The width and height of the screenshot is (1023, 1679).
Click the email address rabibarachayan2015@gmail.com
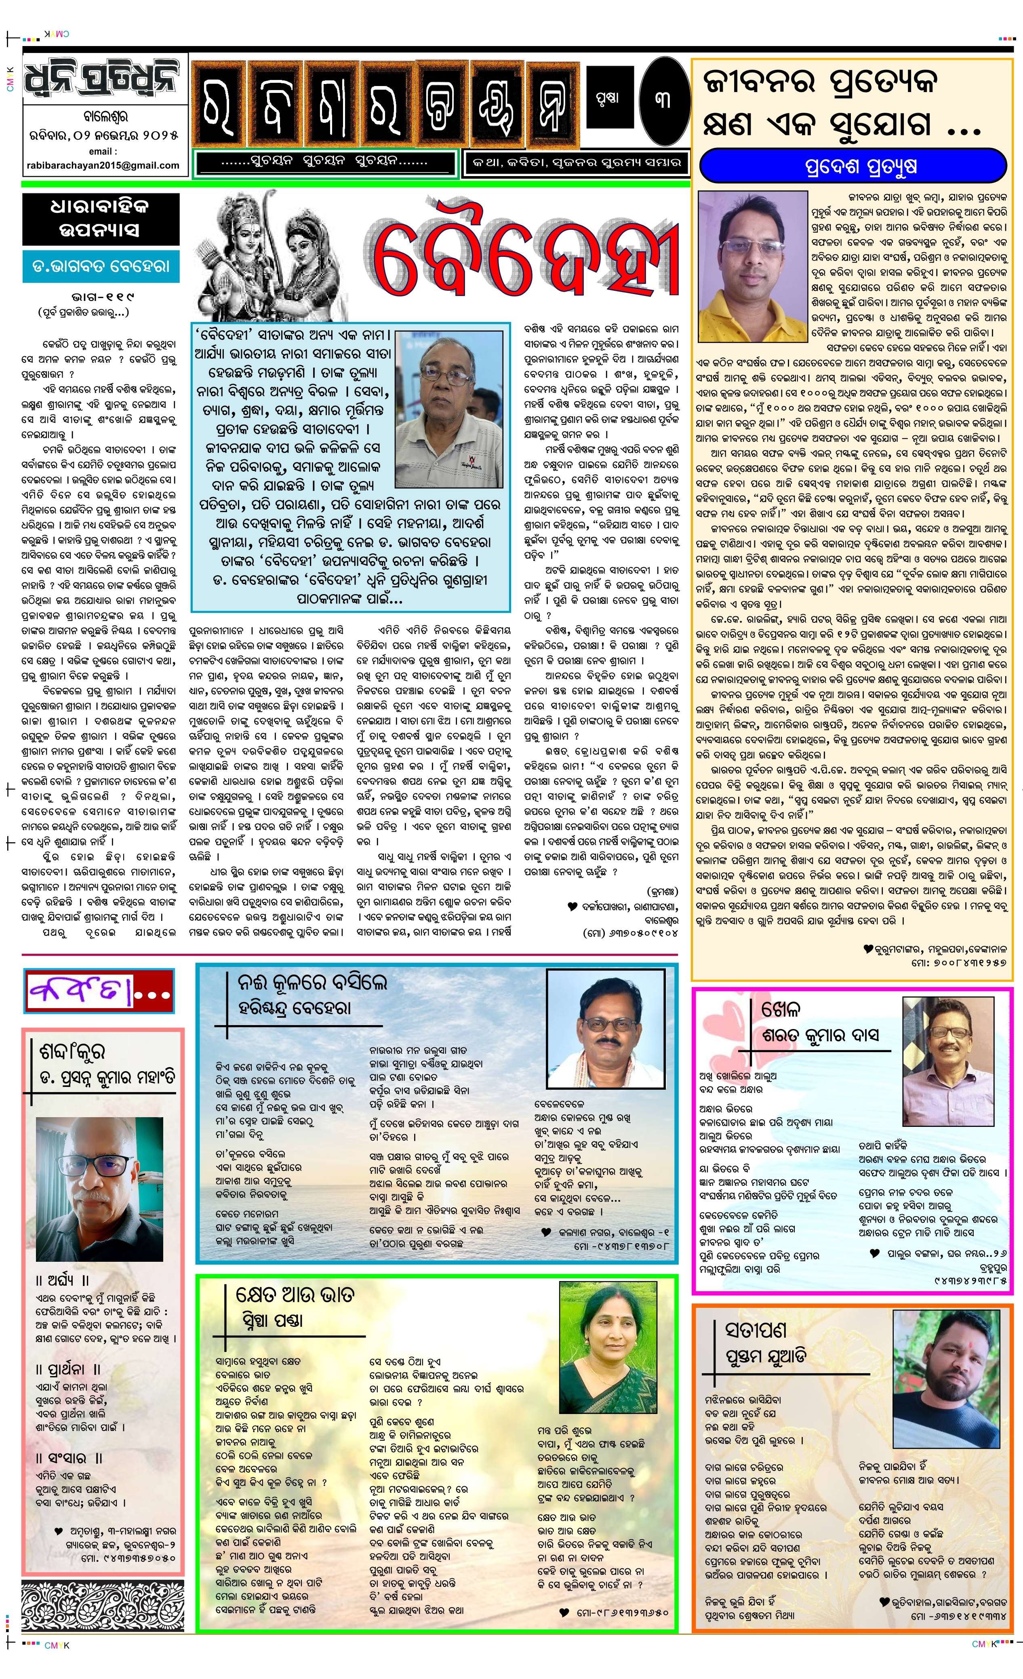click(x=103, y=165)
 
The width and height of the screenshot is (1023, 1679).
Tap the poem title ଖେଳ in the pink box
click(x=781, y=1009)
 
